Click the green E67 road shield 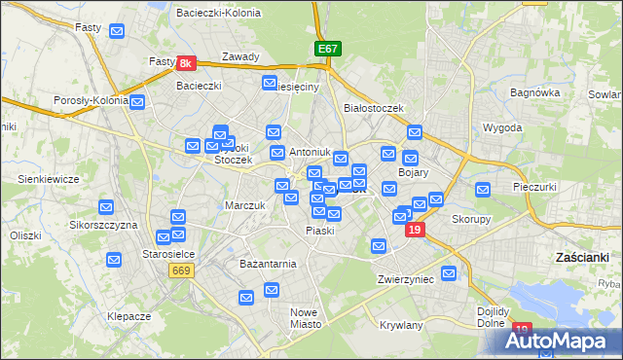327,48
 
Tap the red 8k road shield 188,63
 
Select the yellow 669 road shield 181,270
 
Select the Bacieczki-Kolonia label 214,13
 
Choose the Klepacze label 128,317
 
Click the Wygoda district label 502,127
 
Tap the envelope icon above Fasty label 118,32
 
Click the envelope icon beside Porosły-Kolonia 138,102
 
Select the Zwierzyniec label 405,279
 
